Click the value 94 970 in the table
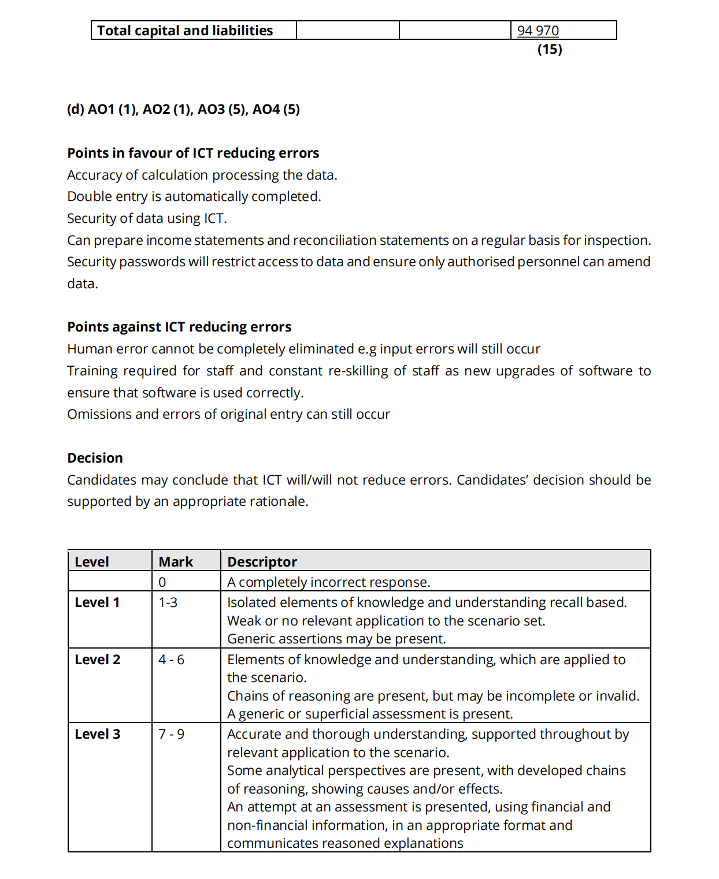(538, 31)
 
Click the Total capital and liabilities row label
(185, 31)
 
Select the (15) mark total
(550, 49)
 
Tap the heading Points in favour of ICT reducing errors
(193, 153)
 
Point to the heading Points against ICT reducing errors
(179, 327)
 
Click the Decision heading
(95, 458)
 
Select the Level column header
(92, 561)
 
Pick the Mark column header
(176, 561)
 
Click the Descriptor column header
(262, 561)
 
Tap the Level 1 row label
(97, 602)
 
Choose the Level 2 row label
(98, 660)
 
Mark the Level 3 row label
(98, 734)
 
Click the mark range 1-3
(168, 602)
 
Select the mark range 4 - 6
(172, 660)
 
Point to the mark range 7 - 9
(172, 734)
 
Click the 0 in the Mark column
(162, 582)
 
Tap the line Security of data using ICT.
(147, 218)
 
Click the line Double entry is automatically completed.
(194, 196)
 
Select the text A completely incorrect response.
(328, 582)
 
